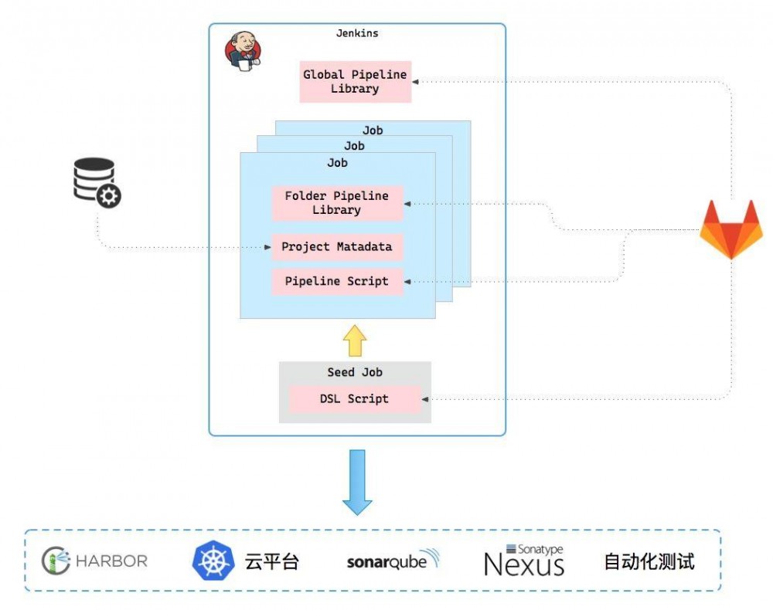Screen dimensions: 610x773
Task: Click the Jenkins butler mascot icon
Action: coord(242,51)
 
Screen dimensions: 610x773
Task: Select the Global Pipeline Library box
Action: coord(355,82)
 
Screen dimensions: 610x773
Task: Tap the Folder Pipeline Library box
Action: coord(337,203)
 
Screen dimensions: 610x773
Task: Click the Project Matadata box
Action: coord(337,247)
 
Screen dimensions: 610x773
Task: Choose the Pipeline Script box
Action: coord(337,281)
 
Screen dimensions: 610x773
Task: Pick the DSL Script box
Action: coord(355,399)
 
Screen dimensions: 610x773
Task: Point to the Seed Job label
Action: coord(355,372)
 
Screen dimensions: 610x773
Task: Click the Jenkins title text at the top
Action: coord(357,33)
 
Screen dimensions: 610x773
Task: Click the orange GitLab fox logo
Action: coord(730,229)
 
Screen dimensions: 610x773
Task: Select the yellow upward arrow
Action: coord(354,340)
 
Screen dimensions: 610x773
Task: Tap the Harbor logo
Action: coord(94,561)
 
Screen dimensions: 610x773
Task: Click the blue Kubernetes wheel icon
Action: coord(213,561)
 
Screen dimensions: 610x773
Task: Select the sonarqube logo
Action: coord(393,561)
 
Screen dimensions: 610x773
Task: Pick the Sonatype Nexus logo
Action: coord(524,561)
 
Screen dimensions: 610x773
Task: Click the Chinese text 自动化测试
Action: coord(649,561)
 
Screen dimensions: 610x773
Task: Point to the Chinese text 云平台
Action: coord(271,561)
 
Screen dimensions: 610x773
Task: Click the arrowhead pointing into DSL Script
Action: coord(426,399)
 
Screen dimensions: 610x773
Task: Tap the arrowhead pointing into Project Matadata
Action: coord(267,247)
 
